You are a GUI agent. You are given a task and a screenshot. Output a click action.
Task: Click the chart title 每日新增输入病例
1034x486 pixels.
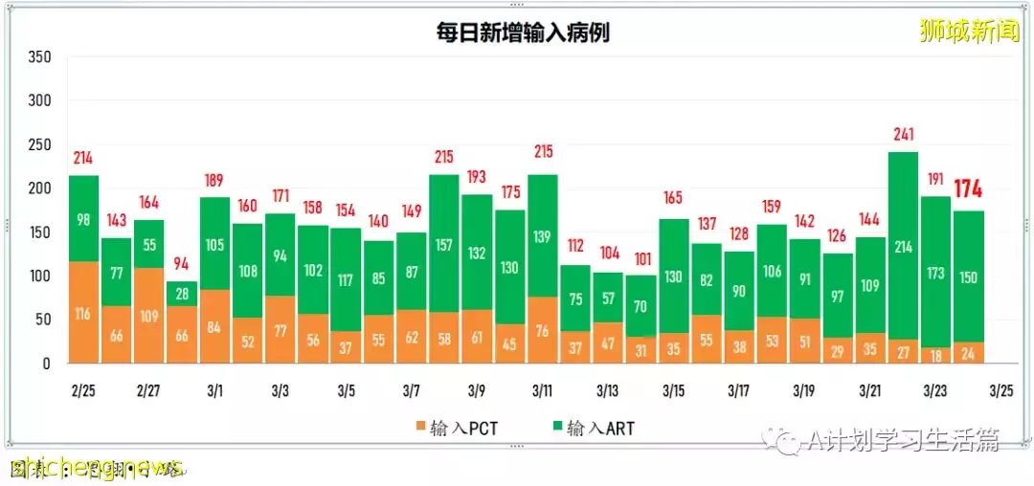[x=522, y=33]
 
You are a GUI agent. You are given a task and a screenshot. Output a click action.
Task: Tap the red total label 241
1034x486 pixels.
[x=903, y=135]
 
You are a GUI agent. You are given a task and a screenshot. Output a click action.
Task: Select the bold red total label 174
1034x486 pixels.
[x=968, y=188]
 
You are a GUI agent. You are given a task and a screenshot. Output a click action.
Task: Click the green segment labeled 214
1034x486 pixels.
[x=903, y=246]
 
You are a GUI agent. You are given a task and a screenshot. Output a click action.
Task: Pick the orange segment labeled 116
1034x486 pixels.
[x=83, y=312]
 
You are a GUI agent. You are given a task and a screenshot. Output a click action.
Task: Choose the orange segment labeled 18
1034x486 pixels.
[x=935, y=355]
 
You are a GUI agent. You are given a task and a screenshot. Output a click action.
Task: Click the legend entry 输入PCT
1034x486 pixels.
[x=456, y=428]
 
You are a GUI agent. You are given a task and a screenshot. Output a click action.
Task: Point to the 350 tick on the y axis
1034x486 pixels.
[x=39, y=56]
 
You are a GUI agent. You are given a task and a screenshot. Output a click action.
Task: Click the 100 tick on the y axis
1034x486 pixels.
[x=39, y=276]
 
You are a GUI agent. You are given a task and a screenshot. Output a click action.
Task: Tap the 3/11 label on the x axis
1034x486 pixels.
[x=542, y=391]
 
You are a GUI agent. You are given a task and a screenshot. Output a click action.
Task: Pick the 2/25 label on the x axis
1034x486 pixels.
[x=83, y=391]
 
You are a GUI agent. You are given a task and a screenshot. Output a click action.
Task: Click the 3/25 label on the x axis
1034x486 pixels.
[x=1000, y=391]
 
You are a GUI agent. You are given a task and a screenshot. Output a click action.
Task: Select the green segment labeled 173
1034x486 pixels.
[x=935, y=272]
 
